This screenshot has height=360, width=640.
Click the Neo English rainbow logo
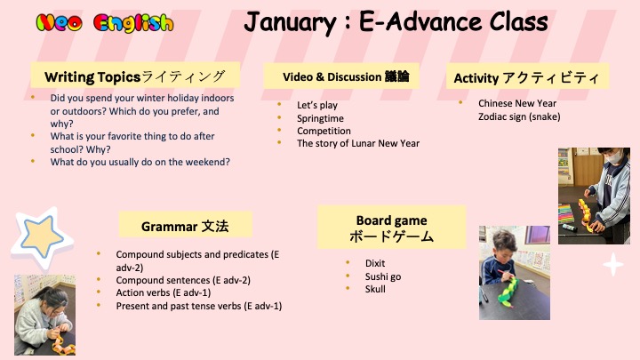[105, 23]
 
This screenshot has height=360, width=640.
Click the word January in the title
[290, 22]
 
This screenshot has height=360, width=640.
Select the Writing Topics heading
[135, 76]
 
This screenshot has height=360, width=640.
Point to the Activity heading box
[527, 76]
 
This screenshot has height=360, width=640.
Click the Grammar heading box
[185, 226]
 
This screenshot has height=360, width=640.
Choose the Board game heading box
[391, 228]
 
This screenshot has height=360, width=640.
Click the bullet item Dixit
[375, 263]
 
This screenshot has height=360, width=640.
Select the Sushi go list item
[383, 276]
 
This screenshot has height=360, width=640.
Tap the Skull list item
[375, 289]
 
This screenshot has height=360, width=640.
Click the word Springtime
[320, 118]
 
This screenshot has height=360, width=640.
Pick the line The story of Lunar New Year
[358, 143]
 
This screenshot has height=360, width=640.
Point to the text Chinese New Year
[517, 103]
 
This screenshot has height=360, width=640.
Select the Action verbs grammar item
[164, 292]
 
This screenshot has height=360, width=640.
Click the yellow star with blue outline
[42, 237]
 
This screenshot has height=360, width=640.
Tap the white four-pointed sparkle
[613, 265]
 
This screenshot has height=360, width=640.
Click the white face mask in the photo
[615, 157]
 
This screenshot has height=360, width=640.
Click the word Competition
[324, 131]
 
